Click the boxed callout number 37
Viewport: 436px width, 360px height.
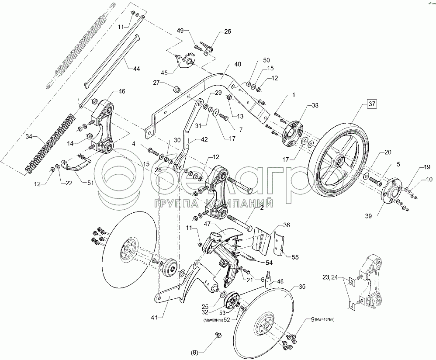[371, 104]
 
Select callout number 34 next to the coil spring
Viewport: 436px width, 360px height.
[28, 137]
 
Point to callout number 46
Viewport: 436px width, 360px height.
[121, 91]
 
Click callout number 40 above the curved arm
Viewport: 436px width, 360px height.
[237, 64]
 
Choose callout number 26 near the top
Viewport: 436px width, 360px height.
[228, 31]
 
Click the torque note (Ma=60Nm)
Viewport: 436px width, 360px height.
[212, 320]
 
